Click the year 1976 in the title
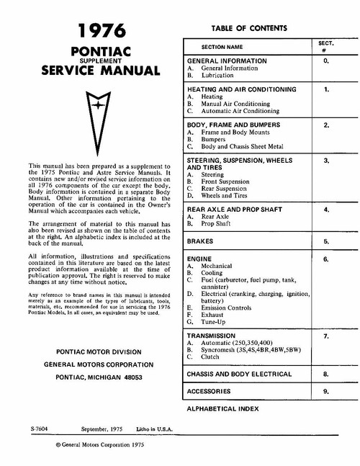click(102, 31)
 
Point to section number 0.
click(326, 63)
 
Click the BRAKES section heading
click(201, 241)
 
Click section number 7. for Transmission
click(326, 336)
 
